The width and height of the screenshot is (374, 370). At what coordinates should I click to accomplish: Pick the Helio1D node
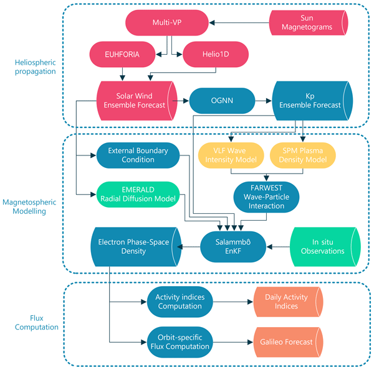(213, 55)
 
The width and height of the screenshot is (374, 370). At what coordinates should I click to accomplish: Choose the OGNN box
(221, 100)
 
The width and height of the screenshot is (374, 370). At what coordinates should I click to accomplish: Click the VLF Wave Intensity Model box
(231, 155)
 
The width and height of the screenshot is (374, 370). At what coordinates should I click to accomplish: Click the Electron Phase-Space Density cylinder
(131, 246)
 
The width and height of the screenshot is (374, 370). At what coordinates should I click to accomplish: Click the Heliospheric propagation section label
(33, 66)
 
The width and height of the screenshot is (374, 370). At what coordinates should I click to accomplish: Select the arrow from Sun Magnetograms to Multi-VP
(239, 24)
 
